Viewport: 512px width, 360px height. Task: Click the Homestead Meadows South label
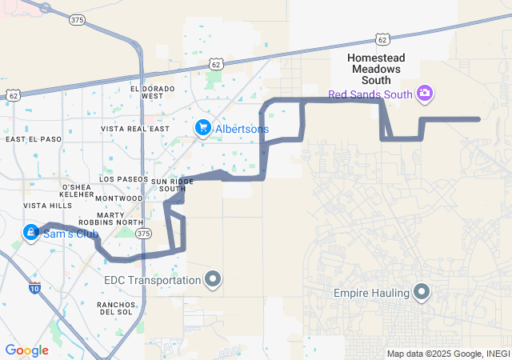376,69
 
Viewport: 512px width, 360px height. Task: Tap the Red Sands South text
370,94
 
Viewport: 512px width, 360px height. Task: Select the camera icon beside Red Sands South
425,94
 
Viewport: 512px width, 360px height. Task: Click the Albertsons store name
242,128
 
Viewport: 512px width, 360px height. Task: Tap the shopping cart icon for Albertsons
203,128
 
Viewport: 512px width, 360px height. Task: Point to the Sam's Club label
70,234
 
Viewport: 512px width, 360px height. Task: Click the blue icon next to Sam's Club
31,234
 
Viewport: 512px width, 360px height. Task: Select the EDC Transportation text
152,280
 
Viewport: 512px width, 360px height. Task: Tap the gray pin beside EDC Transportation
213,279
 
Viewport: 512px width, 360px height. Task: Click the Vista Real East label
135,128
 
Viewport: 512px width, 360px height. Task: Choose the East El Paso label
34,139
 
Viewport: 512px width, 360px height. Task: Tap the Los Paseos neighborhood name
123,179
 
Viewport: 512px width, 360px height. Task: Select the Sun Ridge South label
172,185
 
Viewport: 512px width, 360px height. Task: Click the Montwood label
118,198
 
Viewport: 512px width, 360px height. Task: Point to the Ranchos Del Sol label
120,308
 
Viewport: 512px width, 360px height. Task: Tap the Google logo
26,350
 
